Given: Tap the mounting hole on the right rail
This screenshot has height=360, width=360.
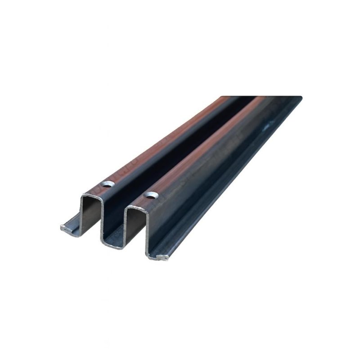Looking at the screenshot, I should [x=151, y=196].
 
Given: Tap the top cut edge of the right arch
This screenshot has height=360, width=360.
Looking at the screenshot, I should [x=135, y=206].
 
